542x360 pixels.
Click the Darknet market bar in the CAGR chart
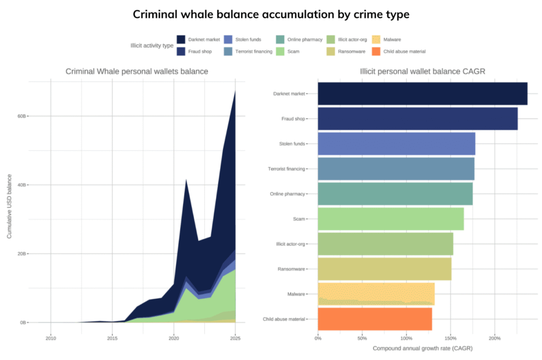coord(422,94)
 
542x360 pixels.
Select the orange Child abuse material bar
coord(375,319)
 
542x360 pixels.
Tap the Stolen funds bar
coord(396,144)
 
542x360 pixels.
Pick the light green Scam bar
coord(391,219)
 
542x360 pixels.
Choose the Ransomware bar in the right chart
coord(384,269)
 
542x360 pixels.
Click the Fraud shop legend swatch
coord(181,51)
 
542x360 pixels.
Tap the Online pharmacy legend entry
coord(301,39)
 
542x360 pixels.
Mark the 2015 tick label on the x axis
coord(112,338)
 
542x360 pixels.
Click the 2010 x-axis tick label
coord(50,338)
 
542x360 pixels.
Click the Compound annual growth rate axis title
coord(422,348)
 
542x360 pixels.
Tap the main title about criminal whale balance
coord(271,14)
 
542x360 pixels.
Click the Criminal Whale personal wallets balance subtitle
coord(137,71)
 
